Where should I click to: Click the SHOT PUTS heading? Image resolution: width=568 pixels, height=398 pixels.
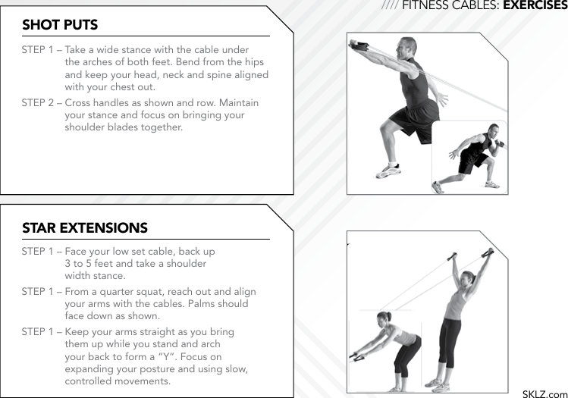coord(60,25)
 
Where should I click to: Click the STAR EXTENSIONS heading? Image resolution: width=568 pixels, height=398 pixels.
coord(85,228)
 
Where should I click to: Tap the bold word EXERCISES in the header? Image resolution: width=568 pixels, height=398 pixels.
coord(535,6)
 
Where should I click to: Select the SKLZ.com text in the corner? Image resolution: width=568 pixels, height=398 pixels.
coord(544,393)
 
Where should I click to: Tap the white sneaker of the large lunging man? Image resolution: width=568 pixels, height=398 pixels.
coord(388,171)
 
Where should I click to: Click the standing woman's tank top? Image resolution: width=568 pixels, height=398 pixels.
coord(457,304)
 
